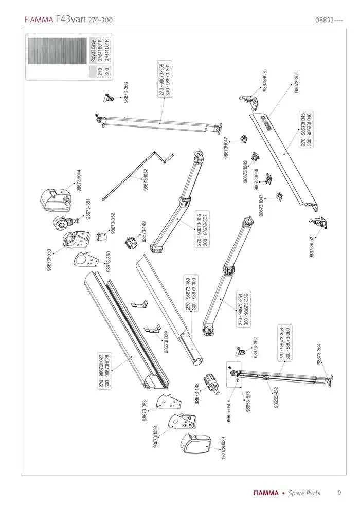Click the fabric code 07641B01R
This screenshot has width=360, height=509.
[x=100, y=50]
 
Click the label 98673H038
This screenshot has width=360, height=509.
[x=155, y=437]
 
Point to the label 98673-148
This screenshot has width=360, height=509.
[x=196, y=394]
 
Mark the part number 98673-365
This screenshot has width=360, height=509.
[x=297, y=82]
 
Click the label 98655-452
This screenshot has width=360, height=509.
[x=276, y=397]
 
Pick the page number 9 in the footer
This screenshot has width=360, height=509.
[x=339, y=493]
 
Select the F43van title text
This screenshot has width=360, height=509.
[x=70, y=20]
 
